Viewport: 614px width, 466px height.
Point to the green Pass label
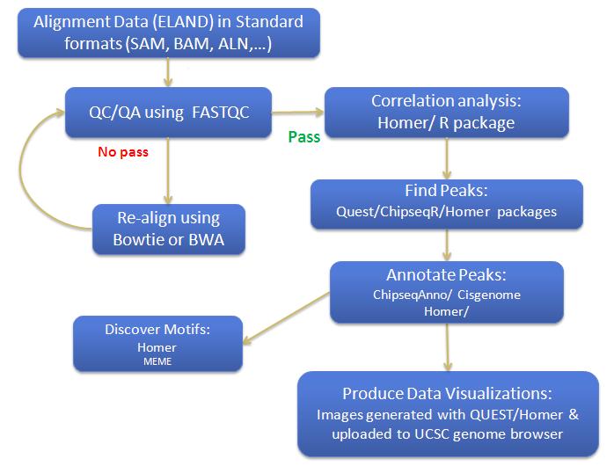(303, 136)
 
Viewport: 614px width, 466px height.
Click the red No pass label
(122, 151)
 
